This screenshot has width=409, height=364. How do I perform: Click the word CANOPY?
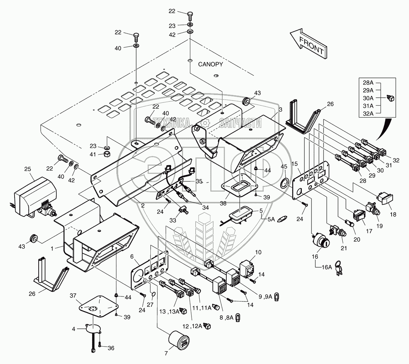click(210, 64)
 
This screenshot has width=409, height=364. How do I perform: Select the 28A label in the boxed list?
click(368, 83)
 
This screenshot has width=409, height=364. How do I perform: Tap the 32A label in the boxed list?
click(368, 114)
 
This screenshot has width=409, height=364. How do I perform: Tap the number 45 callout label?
click(284, 167)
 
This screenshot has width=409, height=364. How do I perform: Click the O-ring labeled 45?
click(284, 183)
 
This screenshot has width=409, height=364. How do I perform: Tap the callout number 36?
click(111, 348)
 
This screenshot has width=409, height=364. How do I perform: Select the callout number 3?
click(280, 110)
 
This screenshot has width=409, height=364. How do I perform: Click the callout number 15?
click(294, 164)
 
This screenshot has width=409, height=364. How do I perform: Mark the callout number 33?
click(173, 220)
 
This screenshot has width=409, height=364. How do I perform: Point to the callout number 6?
click(132, 257)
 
